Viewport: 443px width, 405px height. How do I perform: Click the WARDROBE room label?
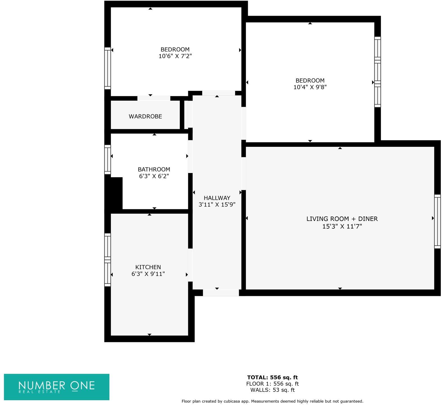pos(145,116)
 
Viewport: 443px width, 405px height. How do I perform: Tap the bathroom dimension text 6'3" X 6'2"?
pos(154,176)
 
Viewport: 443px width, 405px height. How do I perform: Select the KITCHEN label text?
pos(148,267)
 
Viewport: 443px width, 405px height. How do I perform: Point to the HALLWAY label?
pos(217,198)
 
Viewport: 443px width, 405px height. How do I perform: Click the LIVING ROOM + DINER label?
pos(342,219)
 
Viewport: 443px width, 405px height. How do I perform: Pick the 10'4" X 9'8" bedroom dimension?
pos(310,87)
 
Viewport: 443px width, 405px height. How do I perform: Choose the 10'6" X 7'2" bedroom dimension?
pos(175,56)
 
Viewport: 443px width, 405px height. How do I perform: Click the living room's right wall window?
pos(437,221)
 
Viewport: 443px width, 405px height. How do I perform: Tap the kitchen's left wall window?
pos(107,260)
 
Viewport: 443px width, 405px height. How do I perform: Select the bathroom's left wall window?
pos(107,159)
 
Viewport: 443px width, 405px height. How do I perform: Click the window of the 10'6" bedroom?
pos(107,68)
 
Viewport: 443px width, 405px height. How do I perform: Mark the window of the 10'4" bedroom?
pos(377,72)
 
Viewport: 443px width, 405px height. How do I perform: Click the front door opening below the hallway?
pos(221,293)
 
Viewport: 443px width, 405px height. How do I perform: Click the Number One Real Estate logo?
pos(57,387)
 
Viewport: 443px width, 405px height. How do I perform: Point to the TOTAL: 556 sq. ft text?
pos(272,377)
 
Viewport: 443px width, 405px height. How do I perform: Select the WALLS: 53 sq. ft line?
pos(272,390)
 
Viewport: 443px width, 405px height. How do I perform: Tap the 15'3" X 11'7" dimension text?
pos(342,226)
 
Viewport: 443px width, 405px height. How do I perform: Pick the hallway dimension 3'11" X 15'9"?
pos(217,205)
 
